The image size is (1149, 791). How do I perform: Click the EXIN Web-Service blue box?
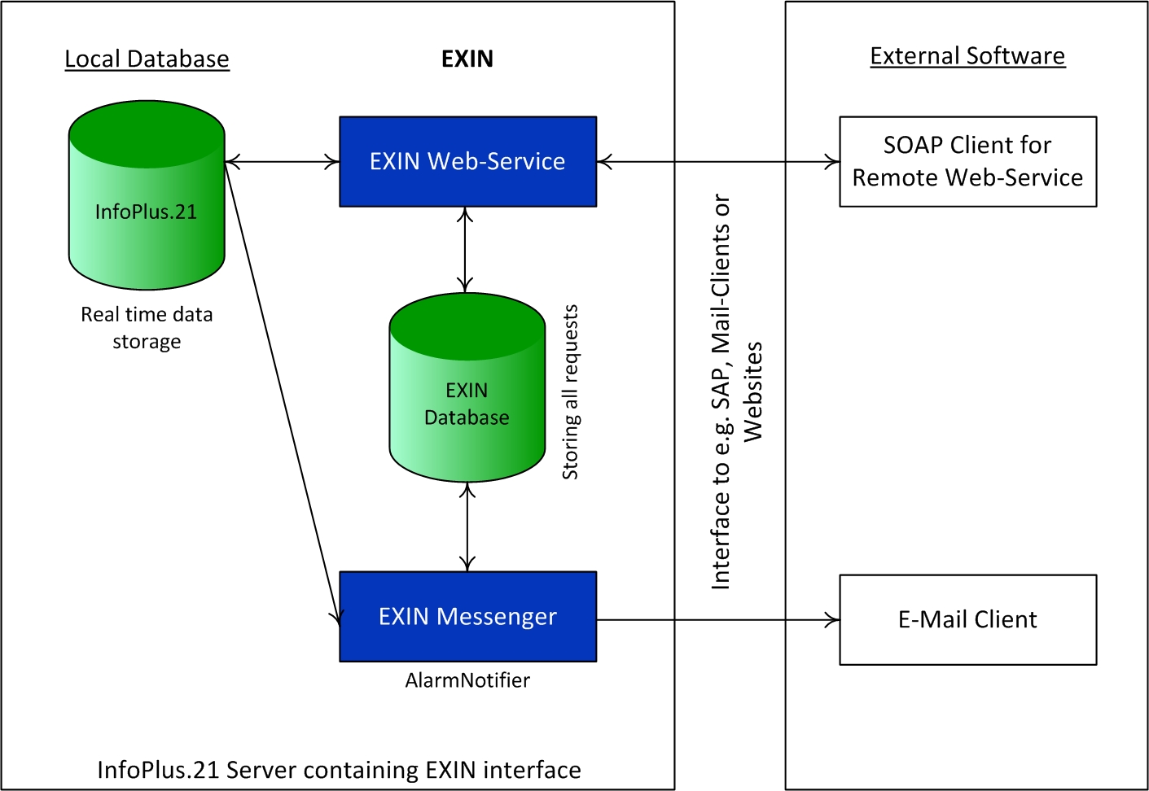click(467, 161)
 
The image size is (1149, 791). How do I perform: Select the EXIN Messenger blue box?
click(467, 616)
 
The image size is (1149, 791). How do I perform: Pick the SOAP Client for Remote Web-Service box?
click(967, 161)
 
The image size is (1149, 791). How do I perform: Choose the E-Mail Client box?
click(967, 619)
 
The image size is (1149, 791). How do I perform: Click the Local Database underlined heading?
click(147, 59)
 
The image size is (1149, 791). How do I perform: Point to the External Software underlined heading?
click(967, 56)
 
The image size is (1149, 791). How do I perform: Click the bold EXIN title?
click(467, 59)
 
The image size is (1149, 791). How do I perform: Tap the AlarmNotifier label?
click(467, 680)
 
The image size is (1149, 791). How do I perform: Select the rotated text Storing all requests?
click(570, 392)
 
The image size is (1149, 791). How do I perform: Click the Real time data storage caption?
click(147, 327)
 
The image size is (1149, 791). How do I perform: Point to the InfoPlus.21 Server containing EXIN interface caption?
click(339, 770)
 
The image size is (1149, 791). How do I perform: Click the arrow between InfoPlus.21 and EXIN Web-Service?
click(282, 162)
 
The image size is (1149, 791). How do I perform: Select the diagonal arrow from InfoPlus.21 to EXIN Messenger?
click(282, 391)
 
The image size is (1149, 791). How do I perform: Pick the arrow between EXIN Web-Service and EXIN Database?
click(465, 249)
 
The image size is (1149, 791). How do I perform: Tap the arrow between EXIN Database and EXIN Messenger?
click(467, 527)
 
